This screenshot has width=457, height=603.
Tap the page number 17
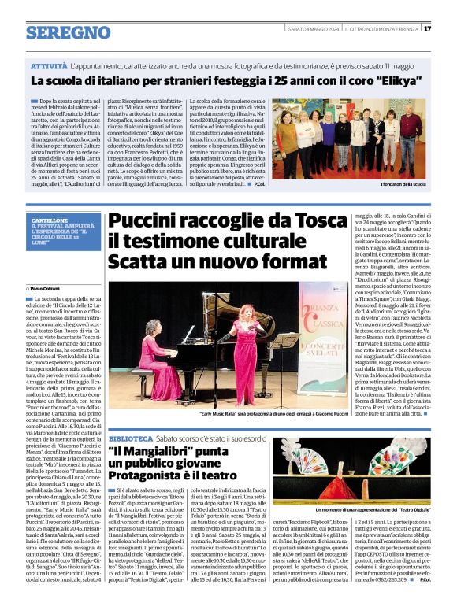(x=426, y=29)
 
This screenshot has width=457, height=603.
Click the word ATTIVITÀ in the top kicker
(x=49, y=67)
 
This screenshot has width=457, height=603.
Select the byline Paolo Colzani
(x=49, y=289)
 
